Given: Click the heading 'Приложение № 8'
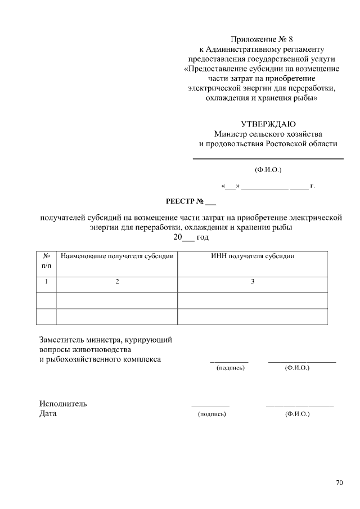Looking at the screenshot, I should tap(262, 39).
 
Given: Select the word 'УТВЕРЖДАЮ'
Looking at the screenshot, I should tap(268, 124).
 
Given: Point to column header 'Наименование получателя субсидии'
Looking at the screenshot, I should tap(117, 256).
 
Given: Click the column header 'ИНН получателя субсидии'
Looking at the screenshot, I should tap(253, 256).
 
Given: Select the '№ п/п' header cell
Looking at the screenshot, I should tap(46, 260).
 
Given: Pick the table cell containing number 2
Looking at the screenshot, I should tap(117, 282).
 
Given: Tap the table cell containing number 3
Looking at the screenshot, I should tap(253, 282).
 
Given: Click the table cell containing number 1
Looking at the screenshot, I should tap(46, 282).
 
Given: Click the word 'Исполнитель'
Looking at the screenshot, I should tap(63, 404).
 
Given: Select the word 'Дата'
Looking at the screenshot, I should tap(48, 414).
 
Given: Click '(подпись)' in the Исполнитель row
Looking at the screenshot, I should tap(211, 414).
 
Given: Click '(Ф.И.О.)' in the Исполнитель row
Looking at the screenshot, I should tap(298, 414).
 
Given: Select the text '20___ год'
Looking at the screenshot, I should tap(191, 237).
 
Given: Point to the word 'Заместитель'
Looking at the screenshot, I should tap(61, 340).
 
